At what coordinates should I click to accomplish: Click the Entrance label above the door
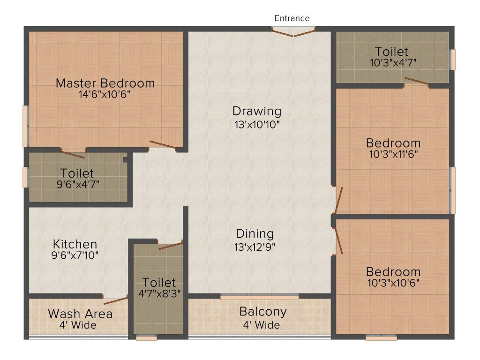click(292, 18)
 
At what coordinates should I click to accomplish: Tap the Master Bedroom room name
click(105, 83)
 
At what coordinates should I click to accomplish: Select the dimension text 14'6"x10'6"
click(105, 94)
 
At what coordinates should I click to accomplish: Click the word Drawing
click(257, 112)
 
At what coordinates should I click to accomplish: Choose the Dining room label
click(255, 233)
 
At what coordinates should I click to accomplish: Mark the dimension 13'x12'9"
click(255, 247)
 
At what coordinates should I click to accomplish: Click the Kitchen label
click(75, 244)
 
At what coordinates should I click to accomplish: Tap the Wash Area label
click(80, 314)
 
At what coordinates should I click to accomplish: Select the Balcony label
click(263, 311)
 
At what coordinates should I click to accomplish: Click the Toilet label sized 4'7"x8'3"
click(159, 283)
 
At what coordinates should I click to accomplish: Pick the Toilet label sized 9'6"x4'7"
click(77, 173)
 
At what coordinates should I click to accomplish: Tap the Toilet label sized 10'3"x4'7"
click(391, 51)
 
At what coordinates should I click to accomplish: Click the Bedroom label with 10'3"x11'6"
click(393, 142)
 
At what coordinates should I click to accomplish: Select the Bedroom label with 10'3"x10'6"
click(393, 272)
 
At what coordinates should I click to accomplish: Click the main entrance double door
click(294, 32)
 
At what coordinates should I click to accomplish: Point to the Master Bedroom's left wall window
click(25, 126)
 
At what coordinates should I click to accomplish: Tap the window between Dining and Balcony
click(259, 297)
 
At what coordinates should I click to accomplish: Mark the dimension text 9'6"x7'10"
click(75, 255)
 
